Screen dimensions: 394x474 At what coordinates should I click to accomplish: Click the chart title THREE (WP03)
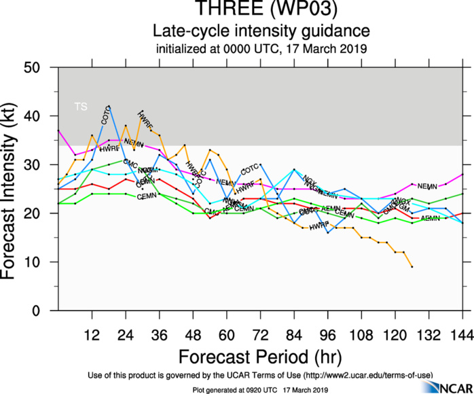(261, 10)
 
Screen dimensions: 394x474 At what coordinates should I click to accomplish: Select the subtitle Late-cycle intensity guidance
(261, 31)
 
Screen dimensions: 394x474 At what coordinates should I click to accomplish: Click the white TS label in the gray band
(81, 107)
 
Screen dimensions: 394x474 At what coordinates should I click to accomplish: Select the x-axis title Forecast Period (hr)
(261, 357)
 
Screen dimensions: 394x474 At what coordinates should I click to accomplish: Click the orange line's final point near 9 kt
(412, 266)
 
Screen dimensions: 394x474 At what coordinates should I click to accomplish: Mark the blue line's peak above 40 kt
(109, 107)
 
